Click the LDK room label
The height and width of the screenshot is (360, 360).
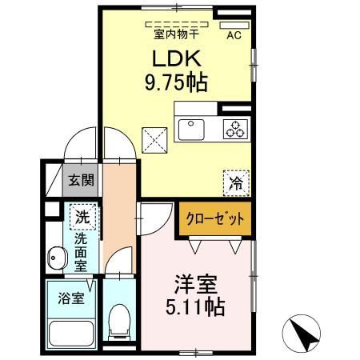(176, 58)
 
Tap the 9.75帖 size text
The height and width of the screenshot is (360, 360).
(176, 82)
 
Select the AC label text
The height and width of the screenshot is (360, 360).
(234, 35)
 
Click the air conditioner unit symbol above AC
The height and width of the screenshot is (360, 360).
(234, 25)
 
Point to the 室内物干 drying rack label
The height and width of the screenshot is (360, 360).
(176, 34)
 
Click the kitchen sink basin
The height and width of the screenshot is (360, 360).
(191, 130)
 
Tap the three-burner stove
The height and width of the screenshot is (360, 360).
(235, 129)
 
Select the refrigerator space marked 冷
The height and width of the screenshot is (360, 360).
(236, 183)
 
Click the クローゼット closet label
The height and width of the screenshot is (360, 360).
(215, 218)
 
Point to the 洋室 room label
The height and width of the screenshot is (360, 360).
(196, 284)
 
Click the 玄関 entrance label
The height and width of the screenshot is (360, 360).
(81, 180)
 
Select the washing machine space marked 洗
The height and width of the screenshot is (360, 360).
(82, 217)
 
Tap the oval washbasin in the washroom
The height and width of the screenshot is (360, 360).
(56, 258)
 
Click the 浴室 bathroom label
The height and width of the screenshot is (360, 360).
(71, 298)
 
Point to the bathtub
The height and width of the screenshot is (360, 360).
(71, 333)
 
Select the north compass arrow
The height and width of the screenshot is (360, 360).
(304, 333)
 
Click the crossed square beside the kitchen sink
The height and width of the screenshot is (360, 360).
(154, 140)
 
